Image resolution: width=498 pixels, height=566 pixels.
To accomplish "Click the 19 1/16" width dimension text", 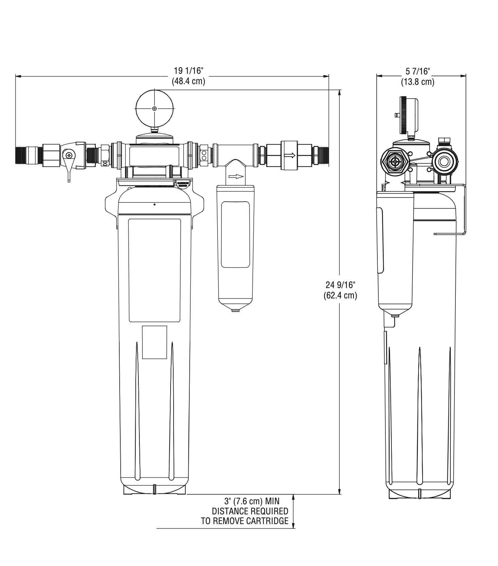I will [x=188, y=71].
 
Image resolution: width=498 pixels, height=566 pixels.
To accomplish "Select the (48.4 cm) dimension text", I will [x=188, y=81].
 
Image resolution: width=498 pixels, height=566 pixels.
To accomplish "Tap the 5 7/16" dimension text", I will [x=418, y=71].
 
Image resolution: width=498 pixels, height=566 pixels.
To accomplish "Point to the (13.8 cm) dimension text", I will [x=418, y=82].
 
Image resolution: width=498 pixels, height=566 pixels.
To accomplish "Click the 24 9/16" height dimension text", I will [x=340, y=285].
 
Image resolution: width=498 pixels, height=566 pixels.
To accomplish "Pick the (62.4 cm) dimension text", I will [x=340, y=295].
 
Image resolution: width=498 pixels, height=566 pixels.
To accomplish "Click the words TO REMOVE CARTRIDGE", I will [x=245, y=521].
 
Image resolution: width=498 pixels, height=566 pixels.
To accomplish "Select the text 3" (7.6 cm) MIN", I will [x=252, y=501].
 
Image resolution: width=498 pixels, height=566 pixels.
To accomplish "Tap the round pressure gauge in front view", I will [x=154, y=108].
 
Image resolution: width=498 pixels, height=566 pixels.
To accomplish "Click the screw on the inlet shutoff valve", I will [x=69, y=155].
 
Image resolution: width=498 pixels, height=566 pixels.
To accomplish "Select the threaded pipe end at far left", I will [x=21, y=155].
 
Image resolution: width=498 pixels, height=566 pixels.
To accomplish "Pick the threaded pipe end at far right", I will [x=321, y=155].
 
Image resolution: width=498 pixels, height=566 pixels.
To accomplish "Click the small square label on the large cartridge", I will [x=154, y=342].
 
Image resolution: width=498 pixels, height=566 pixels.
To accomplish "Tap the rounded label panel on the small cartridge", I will [x=235, y=234].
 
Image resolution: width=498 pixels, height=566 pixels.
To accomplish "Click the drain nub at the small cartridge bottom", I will [x=236, y=310].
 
